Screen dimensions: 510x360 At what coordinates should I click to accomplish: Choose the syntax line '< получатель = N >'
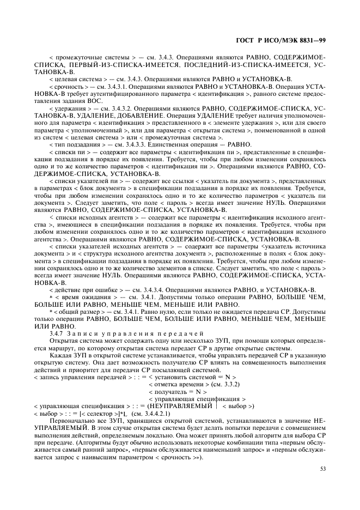178,391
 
